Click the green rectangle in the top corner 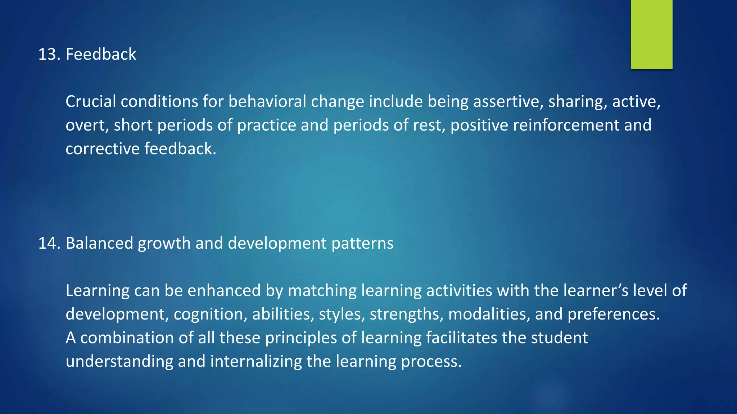point(651,34)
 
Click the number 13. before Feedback point(49,55)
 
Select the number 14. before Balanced point(49,243)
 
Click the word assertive point(508,102)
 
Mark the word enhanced point(224,291)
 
